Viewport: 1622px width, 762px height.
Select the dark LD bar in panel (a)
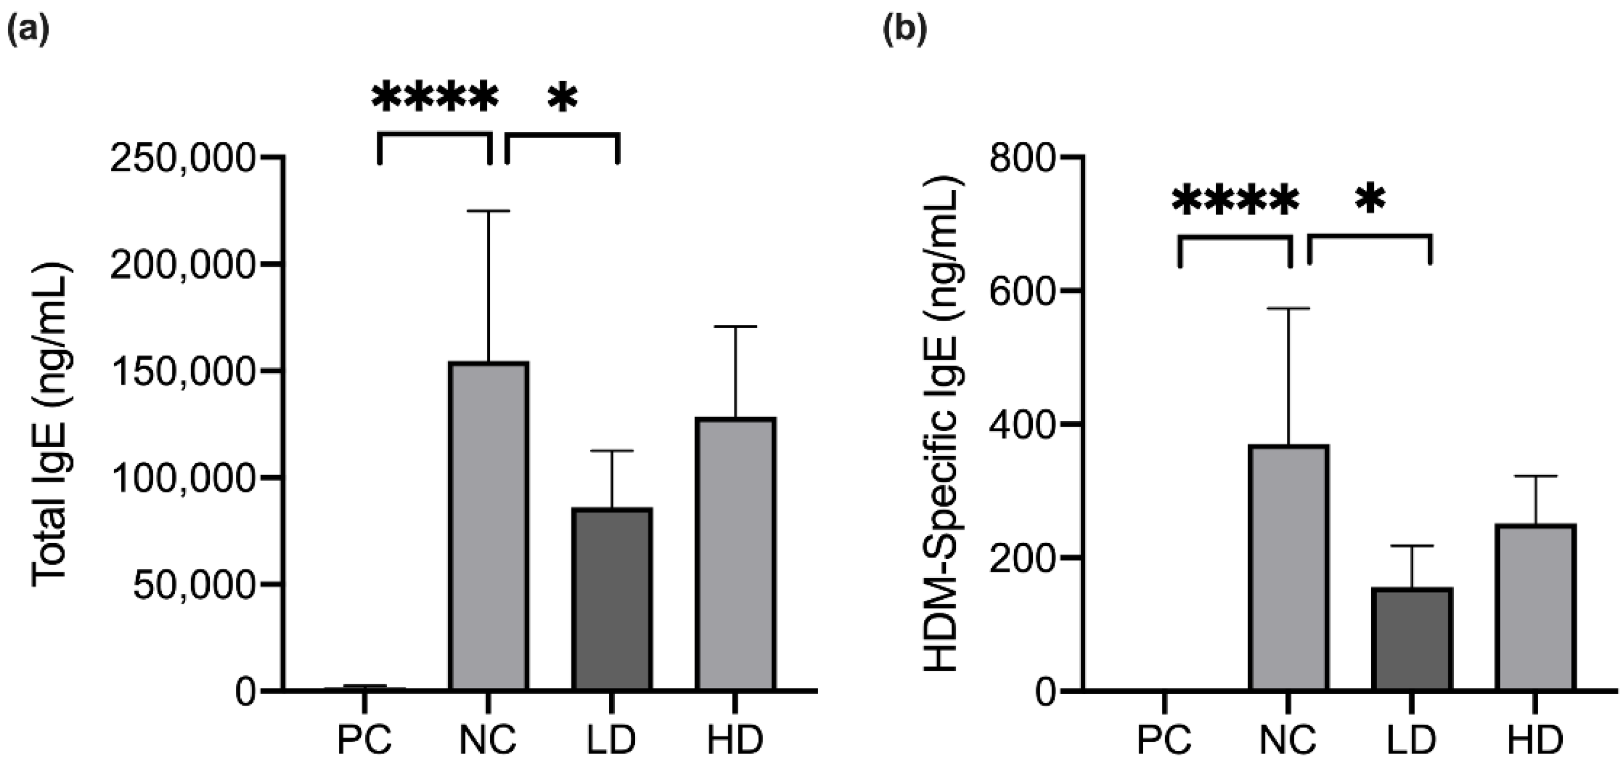612,598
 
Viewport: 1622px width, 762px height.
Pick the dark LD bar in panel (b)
1412,639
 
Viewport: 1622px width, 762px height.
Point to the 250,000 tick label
184,157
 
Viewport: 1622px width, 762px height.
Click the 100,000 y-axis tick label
184,478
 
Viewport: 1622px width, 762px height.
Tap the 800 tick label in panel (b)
1022,157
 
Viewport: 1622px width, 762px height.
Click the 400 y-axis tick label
1022,424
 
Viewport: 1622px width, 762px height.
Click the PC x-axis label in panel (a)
365,740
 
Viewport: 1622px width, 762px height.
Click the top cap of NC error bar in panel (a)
488,211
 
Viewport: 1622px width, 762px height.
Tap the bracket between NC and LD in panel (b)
1371,237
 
